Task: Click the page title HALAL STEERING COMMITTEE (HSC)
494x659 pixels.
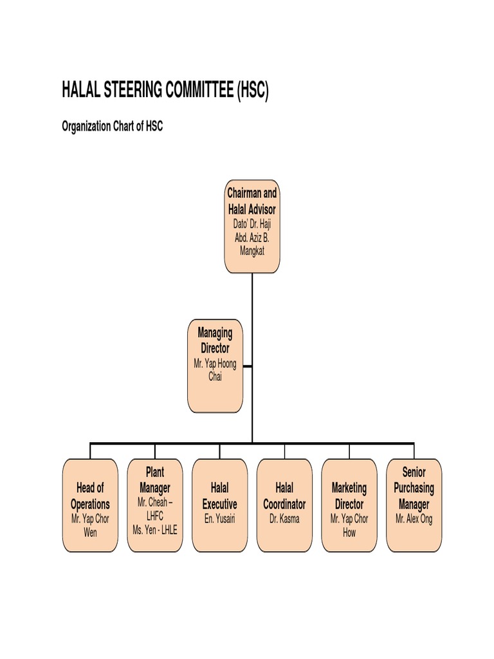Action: pos(165,91)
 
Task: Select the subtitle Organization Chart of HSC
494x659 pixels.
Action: pos(112,126)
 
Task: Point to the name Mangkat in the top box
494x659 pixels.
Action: pos(252,251)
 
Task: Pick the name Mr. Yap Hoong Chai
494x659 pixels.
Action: pos(215,370)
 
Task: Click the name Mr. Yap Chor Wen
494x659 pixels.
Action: pos(90,524)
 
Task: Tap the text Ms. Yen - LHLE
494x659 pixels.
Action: pos(155,530)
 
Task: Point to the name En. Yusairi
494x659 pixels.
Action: pos(220,518)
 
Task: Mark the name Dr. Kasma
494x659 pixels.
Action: pos(284,518)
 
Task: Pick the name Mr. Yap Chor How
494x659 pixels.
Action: pos(349,524)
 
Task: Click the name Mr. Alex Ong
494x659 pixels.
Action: pos(414,518)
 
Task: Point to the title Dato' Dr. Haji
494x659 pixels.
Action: pos(252,224)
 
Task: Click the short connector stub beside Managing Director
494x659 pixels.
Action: pos(248,367)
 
